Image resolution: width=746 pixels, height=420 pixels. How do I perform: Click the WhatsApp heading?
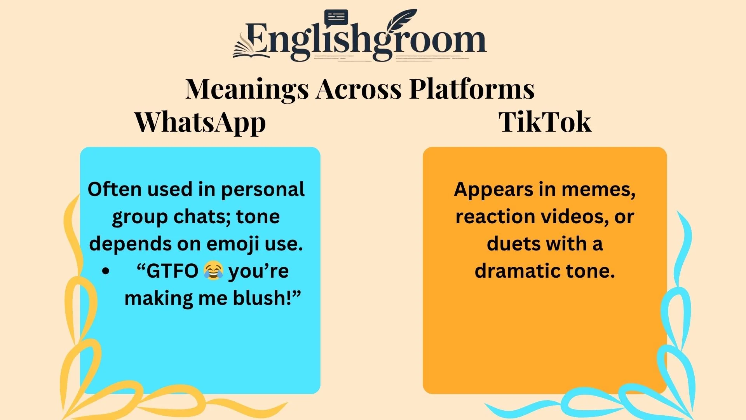click(200, 122)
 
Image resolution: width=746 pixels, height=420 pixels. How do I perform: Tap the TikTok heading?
click(545, 122)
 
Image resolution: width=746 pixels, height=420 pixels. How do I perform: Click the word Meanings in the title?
click(247, 89)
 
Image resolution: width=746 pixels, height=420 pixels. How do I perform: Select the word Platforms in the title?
click(472, 89)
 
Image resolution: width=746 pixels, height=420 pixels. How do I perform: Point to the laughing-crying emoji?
click(213, 271)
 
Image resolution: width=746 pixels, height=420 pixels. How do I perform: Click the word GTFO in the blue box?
click(172, 271)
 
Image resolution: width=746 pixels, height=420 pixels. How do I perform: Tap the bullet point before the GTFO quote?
click(106, 271)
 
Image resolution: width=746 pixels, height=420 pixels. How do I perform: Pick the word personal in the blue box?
click(263, 190)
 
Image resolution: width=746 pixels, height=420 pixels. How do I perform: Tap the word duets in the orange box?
click(509, 244)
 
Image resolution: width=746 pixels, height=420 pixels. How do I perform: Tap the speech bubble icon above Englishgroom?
click(336, 18)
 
